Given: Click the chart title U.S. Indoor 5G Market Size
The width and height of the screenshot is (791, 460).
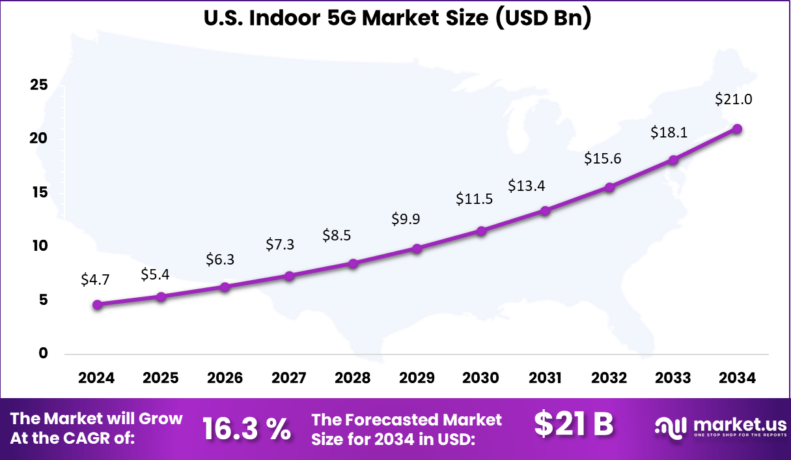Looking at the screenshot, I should click(x=397, y=18).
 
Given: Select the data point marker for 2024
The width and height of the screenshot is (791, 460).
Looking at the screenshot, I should click(x=97, y=304).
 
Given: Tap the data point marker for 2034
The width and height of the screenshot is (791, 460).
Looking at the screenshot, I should click(x=737, y=129).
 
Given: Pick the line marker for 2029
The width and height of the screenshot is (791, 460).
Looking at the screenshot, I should click(x=417, y=248).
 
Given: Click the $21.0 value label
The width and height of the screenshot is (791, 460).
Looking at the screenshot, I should click(x=734, y=100).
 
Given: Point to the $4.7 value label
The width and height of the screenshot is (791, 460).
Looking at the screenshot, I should click(x=95, y=280).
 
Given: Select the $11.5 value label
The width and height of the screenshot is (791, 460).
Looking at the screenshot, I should click(x=474, y=199).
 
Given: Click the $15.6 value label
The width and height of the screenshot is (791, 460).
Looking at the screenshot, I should click(x=602, y=158).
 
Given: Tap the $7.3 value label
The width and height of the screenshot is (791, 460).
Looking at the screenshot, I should click(x=280, y=244).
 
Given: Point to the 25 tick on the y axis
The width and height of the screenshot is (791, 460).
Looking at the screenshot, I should click(x=39, y=85).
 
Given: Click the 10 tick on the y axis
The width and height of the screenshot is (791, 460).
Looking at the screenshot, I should click(x=39, y=246).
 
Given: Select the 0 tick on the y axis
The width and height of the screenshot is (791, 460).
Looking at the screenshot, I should click(x=44, y=354).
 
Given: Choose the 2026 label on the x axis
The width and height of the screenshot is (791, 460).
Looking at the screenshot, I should click(x=225, y=379).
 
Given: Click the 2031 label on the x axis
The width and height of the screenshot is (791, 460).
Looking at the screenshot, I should click(x=545, y=379).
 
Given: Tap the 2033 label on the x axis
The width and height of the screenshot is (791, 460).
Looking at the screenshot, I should click(x=673, y=379).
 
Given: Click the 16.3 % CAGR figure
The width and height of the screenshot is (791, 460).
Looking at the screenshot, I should click(x=246, y=429).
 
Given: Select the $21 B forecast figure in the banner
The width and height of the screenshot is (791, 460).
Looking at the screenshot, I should click(x=574, y=425).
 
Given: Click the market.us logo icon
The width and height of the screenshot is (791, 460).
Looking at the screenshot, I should click(x=671, y=427).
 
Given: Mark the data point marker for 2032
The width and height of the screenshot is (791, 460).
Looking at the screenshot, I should click(x=609, y=188).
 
